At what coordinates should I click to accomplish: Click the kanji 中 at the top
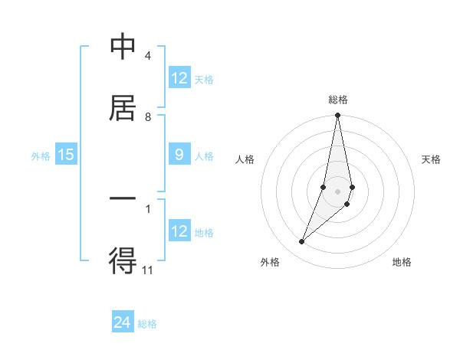(x=123, y=47)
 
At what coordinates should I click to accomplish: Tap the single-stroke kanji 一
(x=123, y=198)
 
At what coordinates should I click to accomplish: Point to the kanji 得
(x=123, y=260)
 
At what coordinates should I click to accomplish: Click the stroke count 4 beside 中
(x=147, y=56)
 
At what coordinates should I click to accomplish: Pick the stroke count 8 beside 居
(x=147, y=116)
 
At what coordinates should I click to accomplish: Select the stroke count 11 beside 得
(x=148, y=270)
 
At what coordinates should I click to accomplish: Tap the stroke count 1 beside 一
(x=147, y=208)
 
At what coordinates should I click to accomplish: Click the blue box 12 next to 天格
(x=179, y=78)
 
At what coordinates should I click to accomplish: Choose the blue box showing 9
(x=179, y=155)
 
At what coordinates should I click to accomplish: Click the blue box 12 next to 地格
(x=179, y=231)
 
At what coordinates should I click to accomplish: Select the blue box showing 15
(x=66, y=155)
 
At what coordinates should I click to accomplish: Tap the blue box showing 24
(x=123, y=322)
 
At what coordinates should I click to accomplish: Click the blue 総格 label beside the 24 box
(x=147, y=324)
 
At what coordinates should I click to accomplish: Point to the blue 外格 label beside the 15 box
(x=41, y=156)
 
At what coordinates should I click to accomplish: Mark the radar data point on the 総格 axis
(x=337, y=116)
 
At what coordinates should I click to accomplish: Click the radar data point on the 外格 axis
(x=301, y=242)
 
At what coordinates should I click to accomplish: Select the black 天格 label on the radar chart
(x=432, y=159)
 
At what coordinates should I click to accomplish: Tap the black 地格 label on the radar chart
(x=402, y=262)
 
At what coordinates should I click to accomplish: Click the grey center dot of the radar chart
(x=337, y=191)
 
